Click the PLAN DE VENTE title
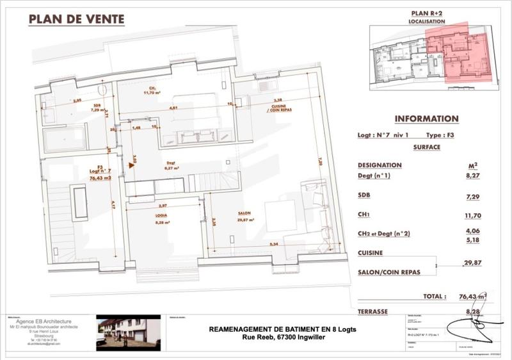(76, 19)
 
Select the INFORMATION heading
(426, 119)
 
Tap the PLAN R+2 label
(426, 13)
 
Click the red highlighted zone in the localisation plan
(457, 54)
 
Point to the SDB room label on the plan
(97, 106)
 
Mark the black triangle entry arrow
(131, 165)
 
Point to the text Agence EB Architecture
(44, 321)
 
